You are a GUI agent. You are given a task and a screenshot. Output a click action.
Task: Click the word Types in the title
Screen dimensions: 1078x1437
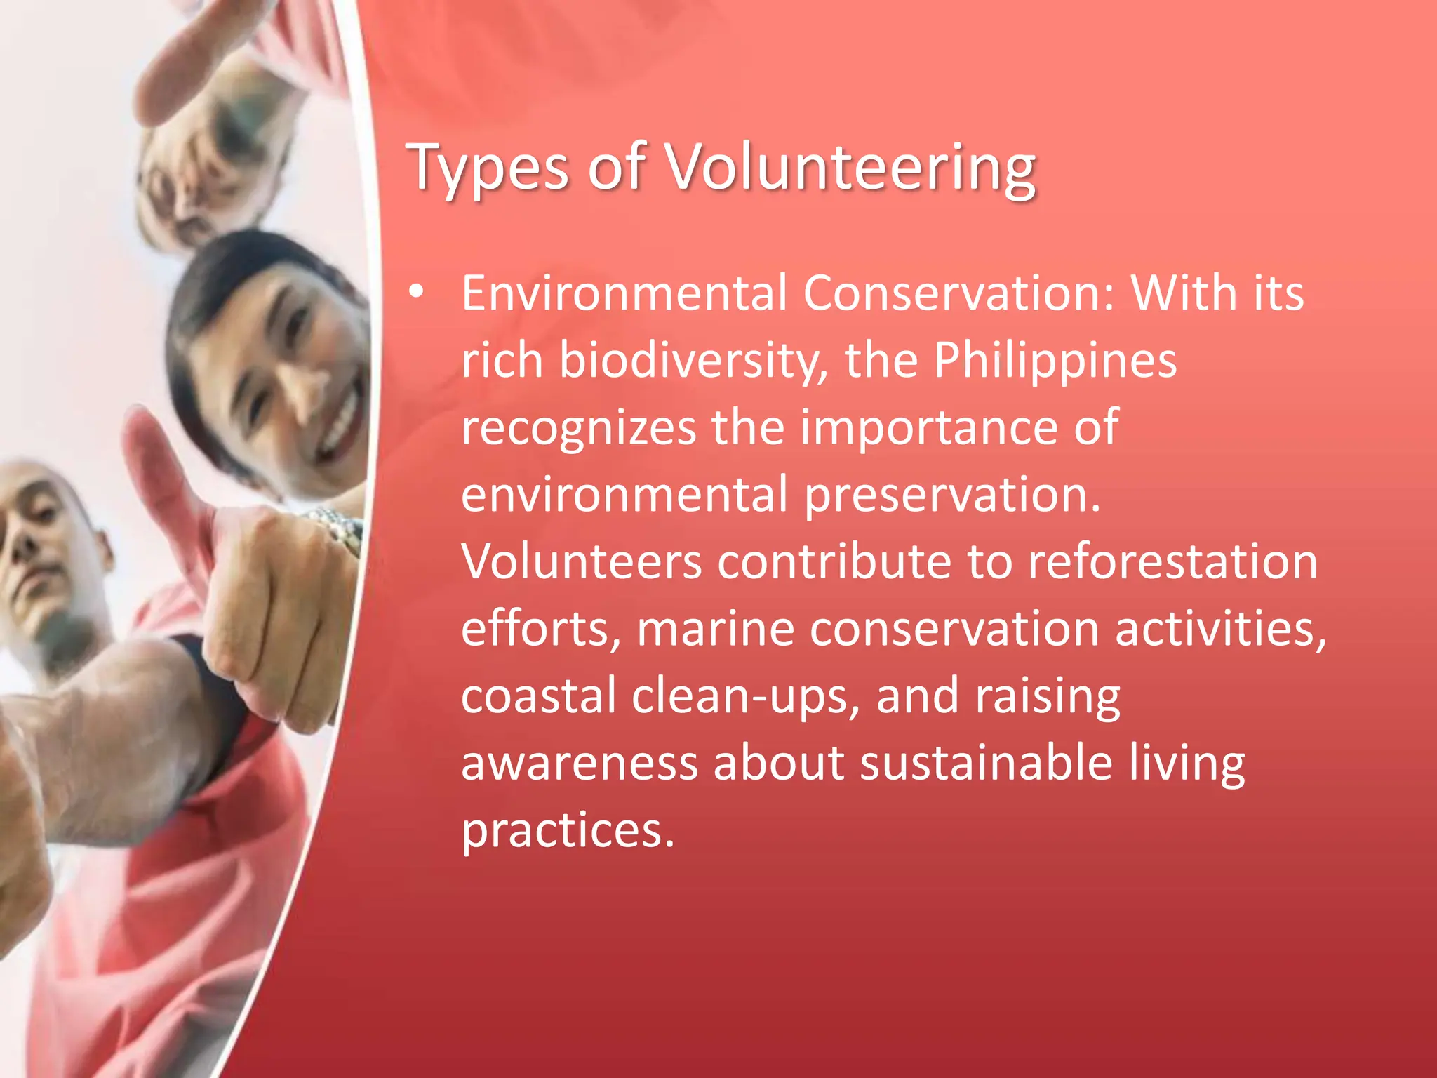[488, 168]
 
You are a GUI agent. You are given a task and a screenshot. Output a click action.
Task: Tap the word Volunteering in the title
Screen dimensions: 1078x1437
[850, 168]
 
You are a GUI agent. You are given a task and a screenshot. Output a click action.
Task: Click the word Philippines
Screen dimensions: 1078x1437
[1055, 361]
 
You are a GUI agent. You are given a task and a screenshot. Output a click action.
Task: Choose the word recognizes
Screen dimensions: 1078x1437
[578, 428]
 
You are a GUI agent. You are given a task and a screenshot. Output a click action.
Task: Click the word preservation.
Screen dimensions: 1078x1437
[952, 495]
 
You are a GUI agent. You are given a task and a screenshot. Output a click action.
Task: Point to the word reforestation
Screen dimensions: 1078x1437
[1172, 562]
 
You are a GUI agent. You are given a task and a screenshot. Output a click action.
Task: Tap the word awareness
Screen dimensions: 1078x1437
[580, 764]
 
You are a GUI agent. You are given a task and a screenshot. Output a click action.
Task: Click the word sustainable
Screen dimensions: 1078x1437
[987, 764]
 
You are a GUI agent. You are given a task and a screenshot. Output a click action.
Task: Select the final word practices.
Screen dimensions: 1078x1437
[567, 831]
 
